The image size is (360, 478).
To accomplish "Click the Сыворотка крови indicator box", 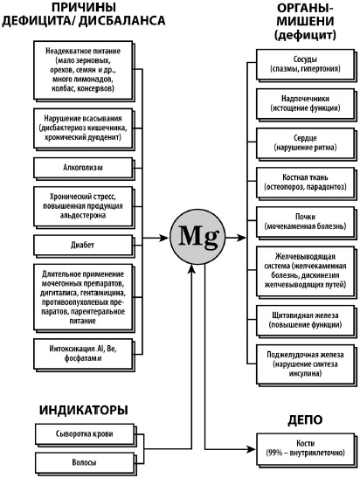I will pos(84,433).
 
